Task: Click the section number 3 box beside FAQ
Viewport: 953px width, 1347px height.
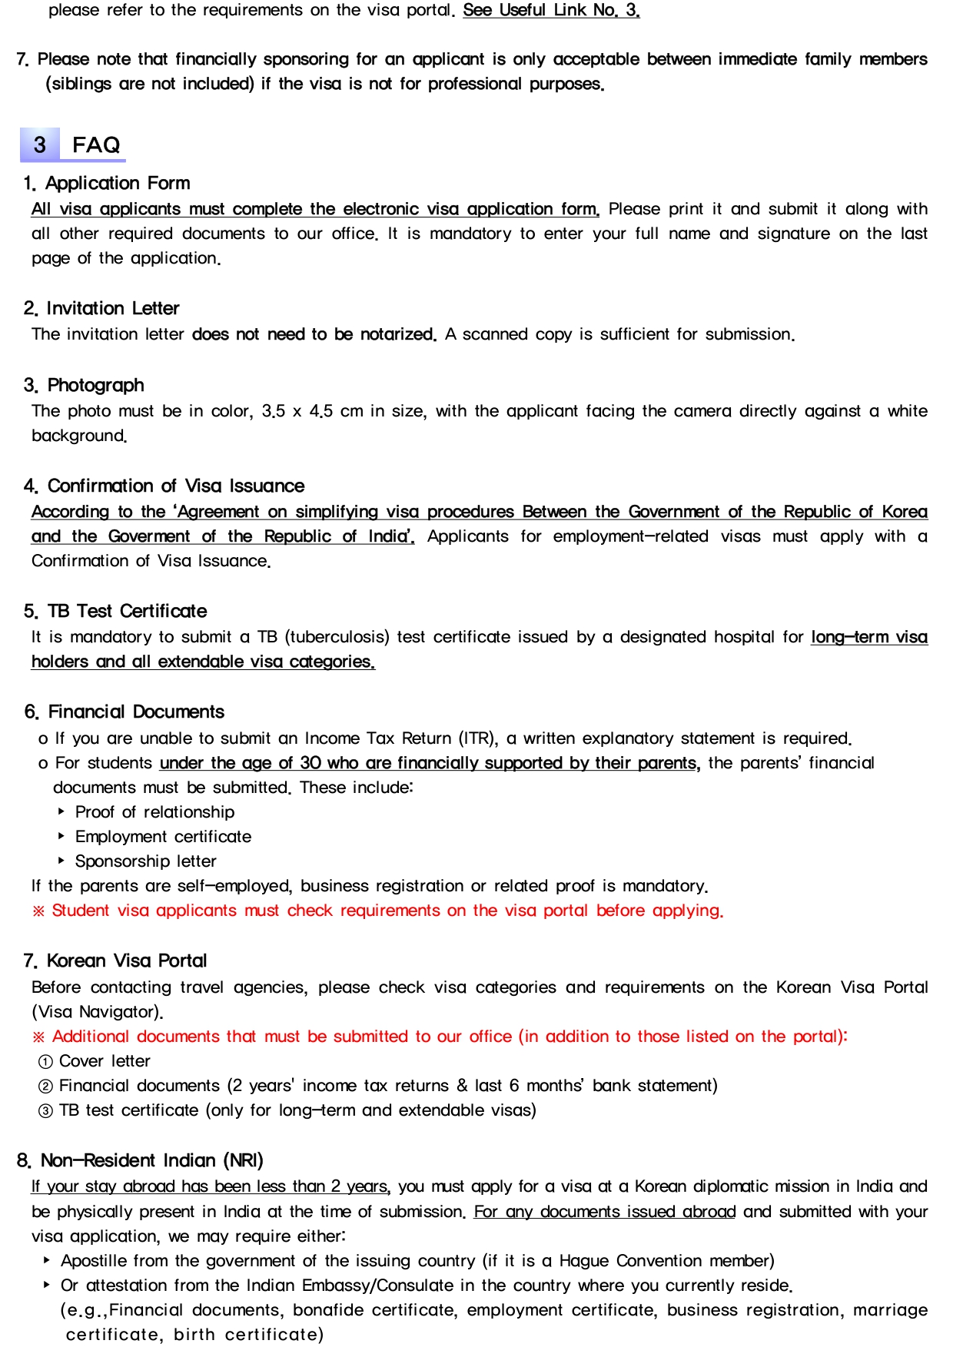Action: click(39, 144)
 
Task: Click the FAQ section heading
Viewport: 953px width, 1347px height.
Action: click(96, 144)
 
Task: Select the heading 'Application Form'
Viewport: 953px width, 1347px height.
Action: click(117, 183)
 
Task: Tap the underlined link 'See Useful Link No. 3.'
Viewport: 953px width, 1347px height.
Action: click(551, 11)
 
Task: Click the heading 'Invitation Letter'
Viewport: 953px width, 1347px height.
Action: click(112, 308)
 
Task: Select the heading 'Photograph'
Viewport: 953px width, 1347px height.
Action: click(95, 385)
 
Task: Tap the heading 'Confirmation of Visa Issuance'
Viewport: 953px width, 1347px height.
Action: click(175, 486)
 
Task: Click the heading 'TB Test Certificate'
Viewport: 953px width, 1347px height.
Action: click(127, 611)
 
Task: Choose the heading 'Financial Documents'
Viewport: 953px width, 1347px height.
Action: click(136, 712)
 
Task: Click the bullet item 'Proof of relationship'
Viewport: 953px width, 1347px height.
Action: click(154, 812)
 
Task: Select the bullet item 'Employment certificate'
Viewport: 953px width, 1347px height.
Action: click(163, 837)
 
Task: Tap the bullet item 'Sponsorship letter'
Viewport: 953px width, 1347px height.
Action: click(145, 861)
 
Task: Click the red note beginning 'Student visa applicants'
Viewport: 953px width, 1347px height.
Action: click(377, 911)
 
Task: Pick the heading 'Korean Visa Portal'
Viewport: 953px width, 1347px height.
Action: click(127, 960)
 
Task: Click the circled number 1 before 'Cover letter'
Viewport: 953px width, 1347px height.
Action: click(45, 1062)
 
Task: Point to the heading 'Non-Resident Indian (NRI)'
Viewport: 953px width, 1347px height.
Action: click(151, 1160)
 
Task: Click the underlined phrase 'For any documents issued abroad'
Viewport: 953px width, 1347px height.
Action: click(604, 1212)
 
